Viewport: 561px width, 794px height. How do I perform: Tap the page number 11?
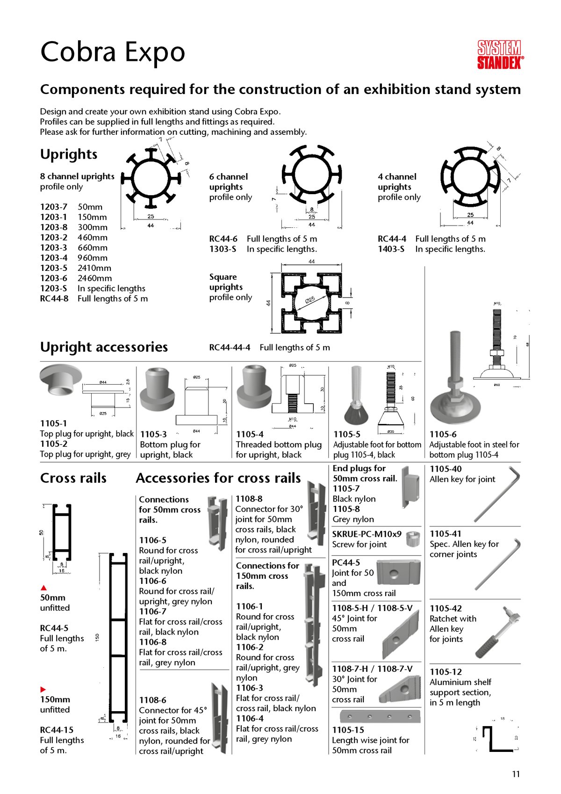516,774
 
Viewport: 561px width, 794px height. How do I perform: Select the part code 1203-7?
53,207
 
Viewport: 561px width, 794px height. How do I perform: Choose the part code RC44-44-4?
230,348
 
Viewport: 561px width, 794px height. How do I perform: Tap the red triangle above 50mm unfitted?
44,588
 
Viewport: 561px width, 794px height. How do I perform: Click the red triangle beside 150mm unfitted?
43,689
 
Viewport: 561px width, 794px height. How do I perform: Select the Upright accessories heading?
104,347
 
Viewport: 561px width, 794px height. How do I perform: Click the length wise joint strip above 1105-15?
380,716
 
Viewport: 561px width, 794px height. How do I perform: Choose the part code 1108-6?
152,700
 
